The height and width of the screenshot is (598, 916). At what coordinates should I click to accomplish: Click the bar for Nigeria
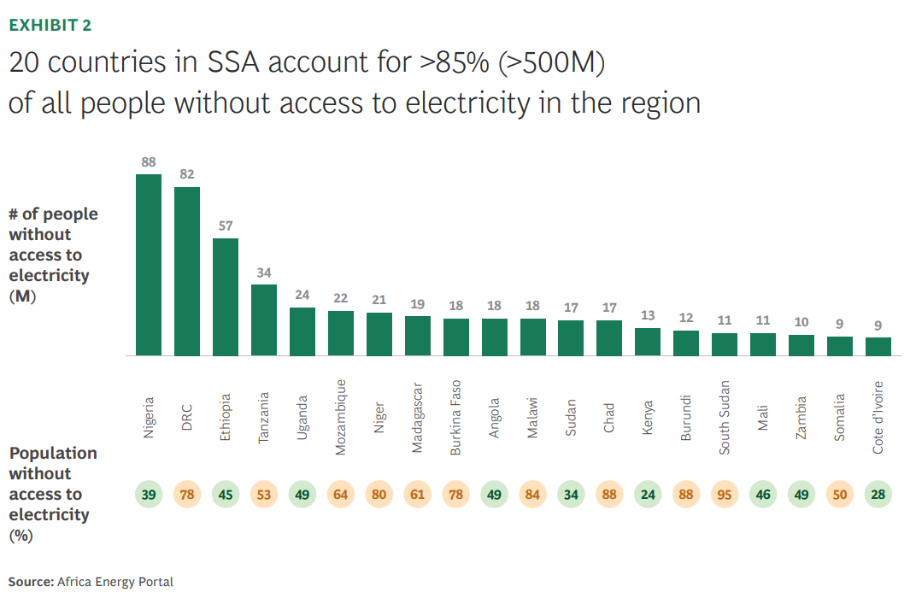point(149,265)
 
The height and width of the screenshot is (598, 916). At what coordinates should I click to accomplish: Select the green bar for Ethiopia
point(226,296)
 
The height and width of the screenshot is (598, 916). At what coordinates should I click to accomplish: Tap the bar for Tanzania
point(264,320)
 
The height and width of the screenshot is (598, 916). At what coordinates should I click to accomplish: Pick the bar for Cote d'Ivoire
point(878,346)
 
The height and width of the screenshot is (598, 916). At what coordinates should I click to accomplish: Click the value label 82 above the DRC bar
point(187,174)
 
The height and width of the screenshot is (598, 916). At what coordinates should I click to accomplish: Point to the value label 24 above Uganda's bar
point(302,295)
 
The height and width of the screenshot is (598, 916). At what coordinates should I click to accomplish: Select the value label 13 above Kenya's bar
point(648,315)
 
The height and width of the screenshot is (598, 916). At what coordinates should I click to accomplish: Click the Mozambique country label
point(340,417)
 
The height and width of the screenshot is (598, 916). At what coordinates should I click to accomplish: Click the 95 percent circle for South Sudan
point(725,495)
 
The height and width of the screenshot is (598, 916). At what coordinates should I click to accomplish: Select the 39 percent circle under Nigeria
point(149,495)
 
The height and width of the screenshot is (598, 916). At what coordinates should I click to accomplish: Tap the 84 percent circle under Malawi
point(532,495)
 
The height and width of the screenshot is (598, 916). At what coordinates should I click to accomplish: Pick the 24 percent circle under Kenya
point(648,495)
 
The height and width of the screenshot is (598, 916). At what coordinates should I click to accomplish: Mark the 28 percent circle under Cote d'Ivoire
point(878,495)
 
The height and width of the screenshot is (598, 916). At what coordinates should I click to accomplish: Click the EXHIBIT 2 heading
point(50,25)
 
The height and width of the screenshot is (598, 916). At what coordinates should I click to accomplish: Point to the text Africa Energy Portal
point(114,582)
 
